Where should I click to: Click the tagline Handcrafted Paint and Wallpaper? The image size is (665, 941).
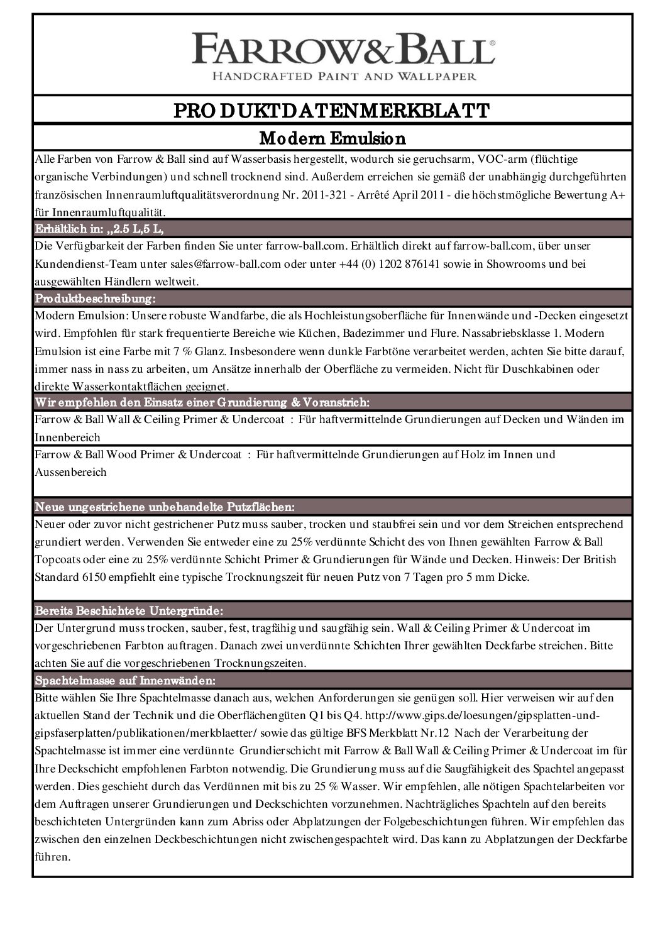(x=343, y=77)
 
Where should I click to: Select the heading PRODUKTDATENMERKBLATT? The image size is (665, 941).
(x=332, y=111)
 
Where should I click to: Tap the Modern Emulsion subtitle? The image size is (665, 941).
(x=332, y=137)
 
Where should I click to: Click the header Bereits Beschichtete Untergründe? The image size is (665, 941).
(x=129, y=610)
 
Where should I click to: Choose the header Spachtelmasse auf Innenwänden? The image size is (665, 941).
(x=126, y=680)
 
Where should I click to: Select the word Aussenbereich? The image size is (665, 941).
(x=71, y=471)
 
